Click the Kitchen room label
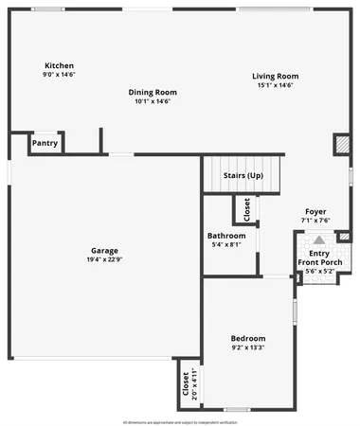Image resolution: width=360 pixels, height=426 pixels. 58,65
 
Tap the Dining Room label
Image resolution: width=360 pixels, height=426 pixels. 153,92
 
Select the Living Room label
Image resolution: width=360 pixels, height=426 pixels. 275,76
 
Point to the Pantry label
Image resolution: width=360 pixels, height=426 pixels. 45,144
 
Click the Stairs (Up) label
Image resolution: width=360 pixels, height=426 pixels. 243,175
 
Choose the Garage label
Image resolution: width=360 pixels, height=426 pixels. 104,250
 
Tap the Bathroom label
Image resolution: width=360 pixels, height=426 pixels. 226,236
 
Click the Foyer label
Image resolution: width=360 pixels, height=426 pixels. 315,211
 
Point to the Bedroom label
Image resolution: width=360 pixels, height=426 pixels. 248,338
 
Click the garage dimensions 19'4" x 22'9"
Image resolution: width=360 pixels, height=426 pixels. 104,259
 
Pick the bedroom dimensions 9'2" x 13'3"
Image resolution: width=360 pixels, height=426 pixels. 248,347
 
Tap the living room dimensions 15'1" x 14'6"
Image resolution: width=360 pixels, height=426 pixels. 275,85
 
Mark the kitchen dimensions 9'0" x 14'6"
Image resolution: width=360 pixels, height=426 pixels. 58,74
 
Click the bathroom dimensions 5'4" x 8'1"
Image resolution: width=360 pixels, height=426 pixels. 226,244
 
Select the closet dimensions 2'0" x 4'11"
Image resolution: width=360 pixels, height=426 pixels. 195,382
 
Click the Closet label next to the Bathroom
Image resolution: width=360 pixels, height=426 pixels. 247,208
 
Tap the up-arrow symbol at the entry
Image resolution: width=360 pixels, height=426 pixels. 318,240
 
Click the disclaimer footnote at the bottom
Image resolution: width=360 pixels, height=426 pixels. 180,420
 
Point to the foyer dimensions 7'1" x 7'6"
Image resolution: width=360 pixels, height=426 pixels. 315,220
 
